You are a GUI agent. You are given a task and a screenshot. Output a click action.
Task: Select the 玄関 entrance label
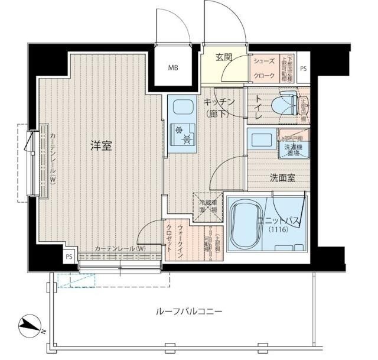pyautogui.click(x=224, y=57)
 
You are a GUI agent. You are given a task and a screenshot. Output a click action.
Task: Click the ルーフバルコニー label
pyautogui.click(x=181, y=311)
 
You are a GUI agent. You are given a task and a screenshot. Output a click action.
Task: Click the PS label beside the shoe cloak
pyautogui.click(x=303, y=69)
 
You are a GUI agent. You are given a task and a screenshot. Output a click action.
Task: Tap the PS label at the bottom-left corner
pyautogui.click(x=69, y=257)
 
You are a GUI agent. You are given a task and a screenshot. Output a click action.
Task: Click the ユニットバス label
pyautogui.click(x=280, y=220)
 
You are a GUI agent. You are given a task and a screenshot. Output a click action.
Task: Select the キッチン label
pyautogui.click(x=220, y=102)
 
